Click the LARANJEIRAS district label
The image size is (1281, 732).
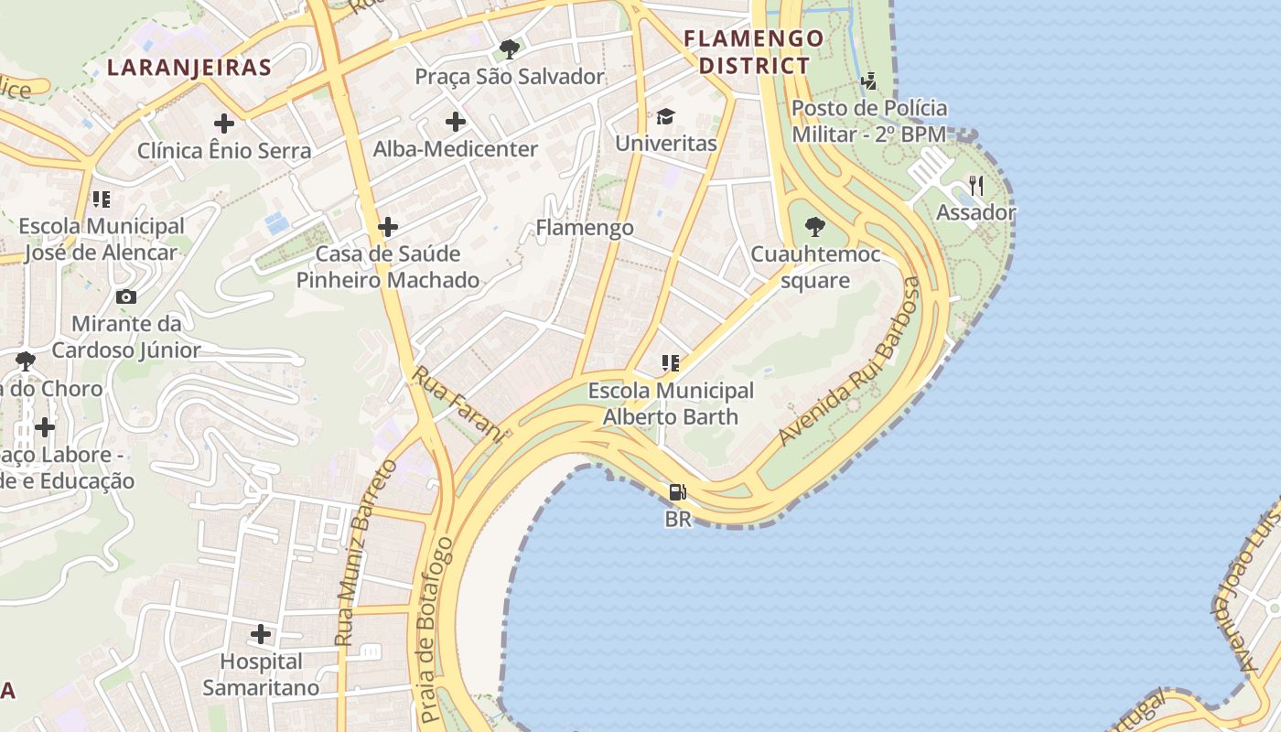(x=189, y=67)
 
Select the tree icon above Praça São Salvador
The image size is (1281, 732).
(x=510, y=49)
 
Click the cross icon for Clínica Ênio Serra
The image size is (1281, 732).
(x=224, y=123)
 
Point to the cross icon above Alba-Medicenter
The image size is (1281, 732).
(x=455, y=121)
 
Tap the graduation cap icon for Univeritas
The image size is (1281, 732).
(x=665, y=116)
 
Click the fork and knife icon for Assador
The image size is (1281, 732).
(x=976, y=186)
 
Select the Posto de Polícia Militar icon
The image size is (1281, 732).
(x=868, y=81)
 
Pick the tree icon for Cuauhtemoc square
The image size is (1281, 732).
(x=814, y=226)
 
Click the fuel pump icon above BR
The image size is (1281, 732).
(x=677, y=492)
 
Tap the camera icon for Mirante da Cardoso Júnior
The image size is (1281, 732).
(x=126, y=296)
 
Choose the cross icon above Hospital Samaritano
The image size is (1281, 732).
(x=261, y=633)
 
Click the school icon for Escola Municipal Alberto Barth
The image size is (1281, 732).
(x=671, y=363)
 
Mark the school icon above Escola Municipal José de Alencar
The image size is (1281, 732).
(x=102, y=199)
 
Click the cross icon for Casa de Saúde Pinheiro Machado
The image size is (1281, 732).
(x=388, y=226)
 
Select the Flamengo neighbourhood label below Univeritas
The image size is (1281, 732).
(x=585, y=227)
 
